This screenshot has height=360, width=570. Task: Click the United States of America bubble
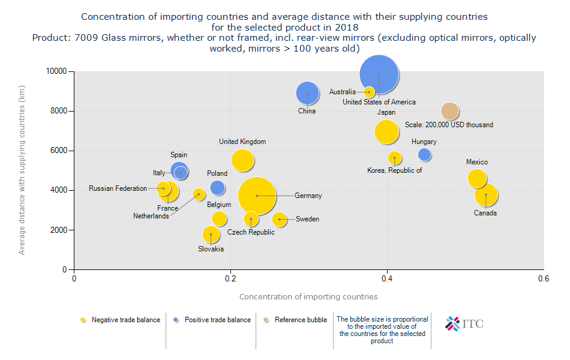pos(379,74)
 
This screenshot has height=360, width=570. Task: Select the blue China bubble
pos(307,92)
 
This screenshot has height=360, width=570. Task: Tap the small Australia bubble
pos(369,92)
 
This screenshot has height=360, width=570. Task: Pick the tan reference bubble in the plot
pos(450,111)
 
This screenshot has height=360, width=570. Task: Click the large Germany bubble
pos(257,196)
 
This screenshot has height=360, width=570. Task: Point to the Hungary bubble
pos(425,155)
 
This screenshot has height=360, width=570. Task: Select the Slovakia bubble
pos(211,234)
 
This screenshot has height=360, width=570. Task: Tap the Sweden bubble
pos(279,220)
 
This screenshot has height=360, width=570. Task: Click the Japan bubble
pos(387,132)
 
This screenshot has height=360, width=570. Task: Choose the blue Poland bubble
pos(217,188)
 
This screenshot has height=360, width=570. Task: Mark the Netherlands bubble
pos(199,194)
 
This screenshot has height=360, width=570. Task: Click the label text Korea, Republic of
pos(395,170)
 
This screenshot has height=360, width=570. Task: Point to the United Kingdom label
pos(242,142)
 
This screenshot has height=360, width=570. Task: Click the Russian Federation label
pos(118,188)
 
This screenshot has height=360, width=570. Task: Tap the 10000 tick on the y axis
pos(58,71)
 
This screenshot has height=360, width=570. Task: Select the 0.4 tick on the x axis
pos(387,279)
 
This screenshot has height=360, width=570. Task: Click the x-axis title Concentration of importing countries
pos(308,296)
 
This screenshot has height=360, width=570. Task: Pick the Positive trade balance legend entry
pos(217,320)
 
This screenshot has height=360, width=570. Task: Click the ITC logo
pos(464,323)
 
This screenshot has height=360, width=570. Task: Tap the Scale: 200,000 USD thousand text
pos(449,125)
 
